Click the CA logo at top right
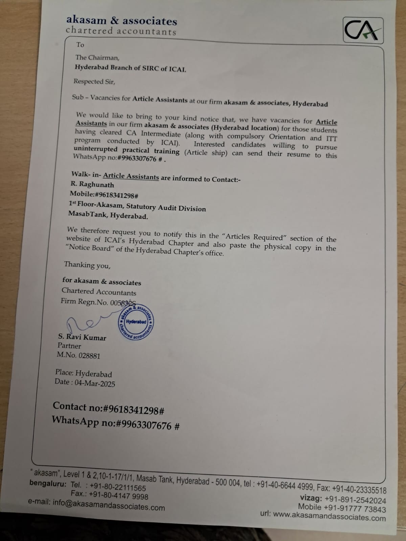click(363, 30)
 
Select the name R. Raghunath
click(92, 185)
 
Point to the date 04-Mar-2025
click(95, 383)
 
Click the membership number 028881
click(89, 355)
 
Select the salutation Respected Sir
click(94, 81)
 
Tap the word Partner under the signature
click(69, 346)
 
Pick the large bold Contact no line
click(108, 408)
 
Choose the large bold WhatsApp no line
click(115, 423)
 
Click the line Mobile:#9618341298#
click(104, 195)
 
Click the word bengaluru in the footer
click(48, 483)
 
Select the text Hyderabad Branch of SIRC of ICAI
click(130, 68)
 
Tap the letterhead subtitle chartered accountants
click(121, 31)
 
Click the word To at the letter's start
click(80, 45)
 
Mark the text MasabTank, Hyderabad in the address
click(108, 215)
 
